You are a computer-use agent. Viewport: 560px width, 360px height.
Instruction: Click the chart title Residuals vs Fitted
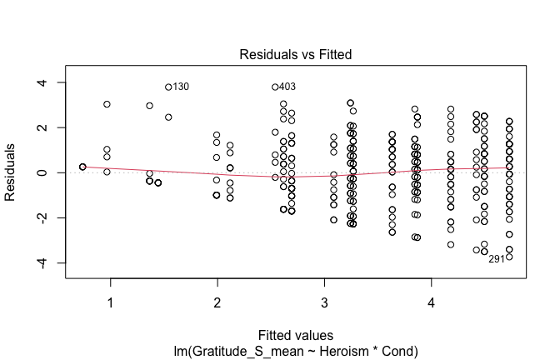tap(296, 54)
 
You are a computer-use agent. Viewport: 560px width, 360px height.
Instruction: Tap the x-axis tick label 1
tap(110, 302)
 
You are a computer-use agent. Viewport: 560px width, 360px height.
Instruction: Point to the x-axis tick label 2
tap(217, 302)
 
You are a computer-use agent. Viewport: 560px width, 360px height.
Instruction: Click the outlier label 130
tap(182, 87)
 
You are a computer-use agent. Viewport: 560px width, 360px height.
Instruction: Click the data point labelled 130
tap(168, 87)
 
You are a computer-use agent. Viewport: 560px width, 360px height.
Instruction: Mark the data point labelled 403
tap(275, 87)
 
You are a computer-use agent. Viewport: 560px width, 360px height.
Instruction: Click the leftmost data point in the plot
tap(82, 167)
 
